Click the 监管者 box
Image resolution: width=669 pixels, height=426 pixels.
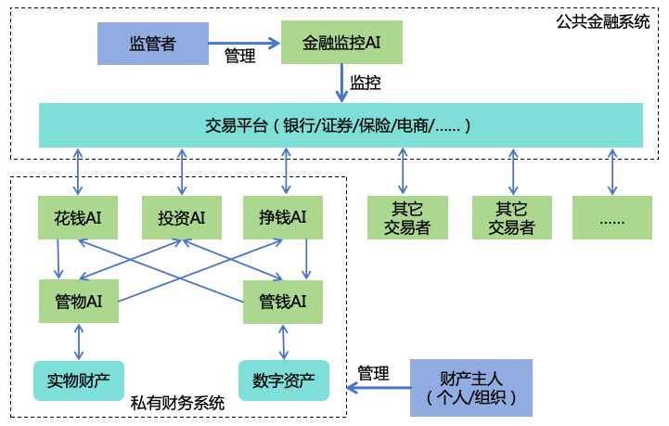(x=152, y=43)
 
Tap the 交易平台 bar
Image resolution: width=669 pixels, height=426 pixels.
(x=341, y=125)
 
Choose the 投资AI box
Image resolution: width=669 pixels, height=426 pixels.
(x=182, y=217)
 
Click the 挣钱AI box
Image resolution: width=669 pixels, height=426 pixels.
(x=282, y=217)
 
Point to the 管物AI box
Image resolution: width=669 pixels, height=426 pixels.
(x=78, y=301)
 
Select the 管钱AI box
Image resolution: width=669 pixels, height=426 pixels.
(x=283, y=301)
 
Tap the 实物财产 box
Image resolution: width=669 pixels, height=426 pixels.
(x=78, y=380)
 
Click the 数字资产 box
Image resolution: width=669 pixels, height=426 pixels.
(x=284, y=380)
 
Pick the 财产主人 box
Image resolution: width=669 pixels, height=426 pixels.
(x=471, y=387)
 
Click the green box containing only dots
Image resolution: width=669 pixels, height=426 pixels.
(x=611, y=217)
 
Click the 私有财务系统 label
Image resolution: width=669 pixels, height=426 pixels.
(x=177, y=403)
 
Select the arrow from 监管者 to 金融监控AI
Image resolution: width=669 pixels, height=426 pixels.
(x=244, y=43)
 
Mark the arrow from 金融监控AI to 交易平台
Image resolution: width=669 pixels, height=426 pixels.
(x=341, y=84)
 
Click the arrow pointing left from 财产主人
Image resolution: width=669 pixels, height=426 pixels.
(x=380, y=387)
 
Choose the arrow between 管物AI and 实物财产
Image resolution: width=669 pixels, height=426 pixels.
(x=78, y=342)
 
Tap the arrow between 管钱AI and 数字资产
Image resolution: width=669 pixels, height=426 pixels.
(x=283, y=342)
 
